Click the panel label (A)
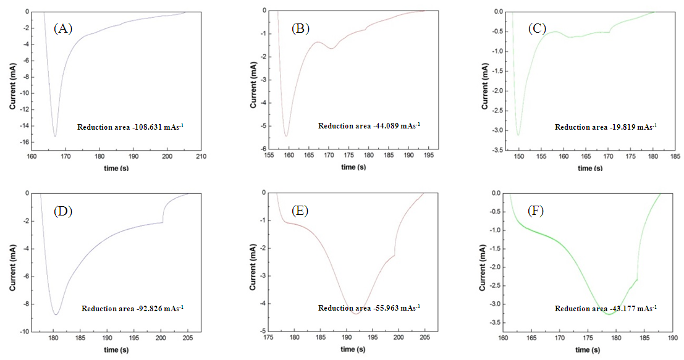[63, 28]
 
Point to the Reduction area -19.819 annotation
[606, 127]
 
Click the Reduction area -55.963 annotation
[369, 308]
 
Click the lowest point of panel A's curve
[55, 136]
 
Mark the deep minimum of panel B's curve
[286, 136]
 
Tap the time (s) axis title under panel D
[110, 350]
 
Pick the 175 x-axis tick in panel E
[269, 339]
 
